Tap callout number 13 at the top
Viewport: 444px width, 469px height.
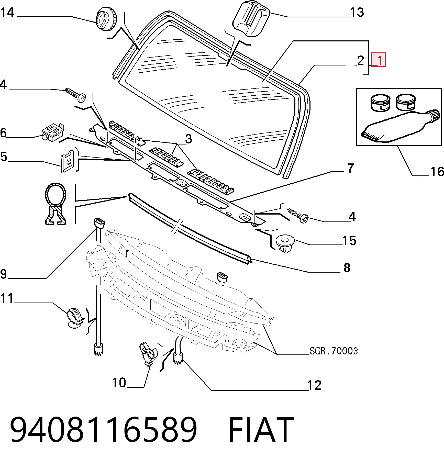click(357, 12)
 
